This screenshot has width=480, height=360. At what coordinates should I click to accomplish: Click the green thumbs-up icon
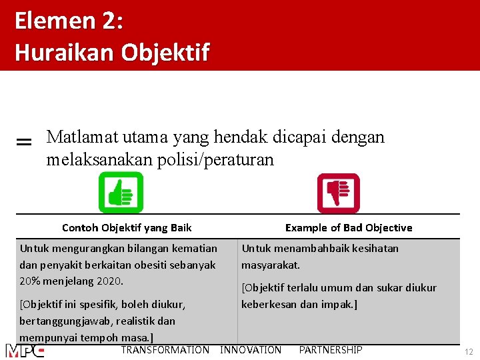coord(121,193)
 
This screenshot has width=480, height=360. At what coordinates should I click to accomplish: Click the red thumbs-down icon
coord(338,193)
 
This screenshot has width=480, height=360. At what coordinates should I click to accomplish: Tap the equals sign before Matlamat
coord(23,142)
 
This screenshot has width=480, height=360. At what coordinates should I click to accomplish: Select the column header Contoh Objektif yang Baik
coord(127,227)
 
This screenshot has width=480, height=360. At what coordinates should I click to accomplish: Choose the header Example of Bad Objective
coord(349,227)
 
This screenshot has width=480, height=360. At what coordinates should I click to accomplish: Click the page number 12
coord(469,351)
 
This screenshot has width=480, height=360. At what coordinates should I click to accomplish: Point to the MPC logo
coord(25,351)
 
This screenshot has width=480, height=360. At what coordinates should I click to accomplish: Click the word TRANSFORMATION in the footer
coord(165,350)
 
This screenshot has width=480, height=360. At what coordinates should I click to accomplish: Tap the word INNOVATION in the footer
coord(251,350)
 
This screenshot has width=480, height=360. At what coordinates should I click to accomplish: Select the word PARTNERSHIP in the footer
coord(331,350)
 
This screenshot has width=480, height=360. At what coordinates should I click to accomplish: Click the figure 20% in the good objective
coord(30,281)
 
